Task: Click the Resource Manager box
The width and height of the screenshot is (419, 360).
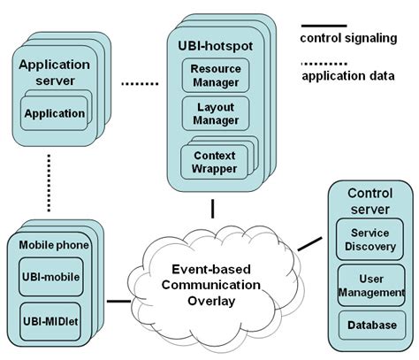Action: tap(216, 75)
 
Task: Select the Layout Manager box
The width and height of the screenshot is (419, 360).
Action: tap(216, 113)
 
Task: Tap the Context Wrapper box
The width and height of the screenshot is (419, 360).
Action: tap(214, 162)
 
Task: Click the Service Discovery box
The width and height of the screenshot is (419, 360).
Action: tap(369, 239)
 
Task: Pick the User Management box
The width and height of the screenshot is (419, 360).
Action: tap(371, 286)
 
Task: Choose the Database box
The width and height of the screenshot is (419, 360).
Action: tap(372, 326)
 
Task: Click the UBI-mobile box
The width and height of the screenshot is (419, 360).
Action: tap(51, 277)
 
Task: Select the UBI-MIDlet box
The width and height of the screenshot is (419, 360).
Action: tap(50, 321)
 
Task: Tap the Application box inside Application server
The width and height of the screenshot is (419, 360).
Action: tap(54, 113)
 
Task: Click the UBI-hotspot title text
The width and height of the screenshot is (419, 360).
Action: tap(216, 46)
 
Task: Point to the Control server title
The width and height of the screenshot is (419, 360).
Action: tap(370, 202)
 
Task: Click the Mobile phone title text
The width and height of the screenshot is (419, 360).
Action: tap(54, 245)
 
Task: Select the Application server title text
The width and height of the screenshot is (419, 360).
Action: tap(55, 73)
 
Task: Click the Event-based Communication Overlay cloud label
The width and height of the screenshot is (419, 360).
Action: tap(211, 285)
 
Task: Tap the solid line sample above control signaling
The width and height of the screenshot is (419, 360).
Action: tap(324, 26)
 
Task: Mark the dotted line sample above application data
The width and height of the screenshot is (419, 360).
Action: tap(324, 64)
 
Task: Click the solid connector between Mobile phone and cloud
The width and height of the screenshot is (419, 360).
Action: tap(118, 301)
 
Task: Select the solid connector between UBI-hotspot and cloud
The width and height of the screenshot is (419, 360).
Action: tap(212, 209)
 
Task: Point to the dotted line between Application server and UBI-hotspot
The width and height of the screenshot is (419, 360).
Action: tap(140, 84)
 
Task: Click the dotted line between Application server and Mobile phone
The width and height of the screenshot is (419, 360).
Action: tap(49, 183)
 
